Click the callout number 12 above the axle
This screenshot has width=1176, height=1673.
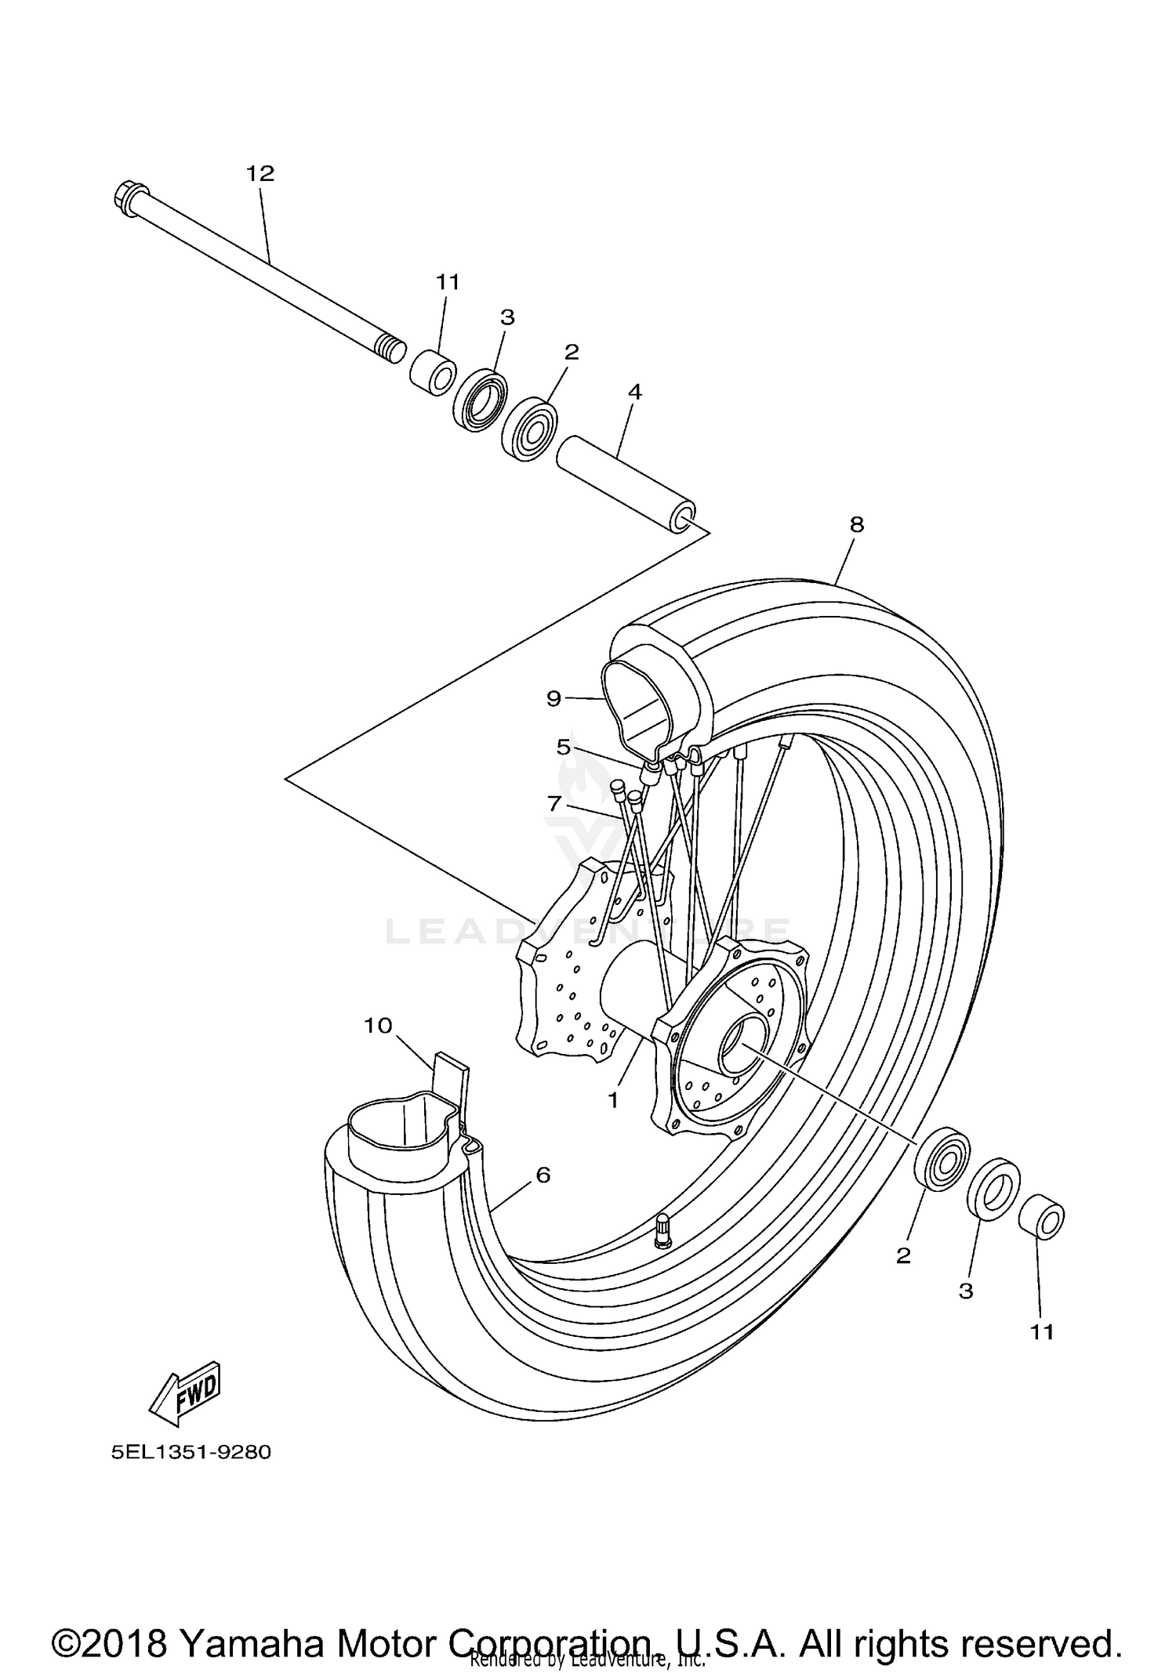260,173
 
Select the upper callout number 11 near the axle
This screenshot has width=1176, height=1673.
448,281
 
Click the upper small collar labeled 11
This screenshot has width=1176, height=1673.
434,374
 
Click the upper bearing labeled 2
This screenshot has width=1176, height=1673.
528,430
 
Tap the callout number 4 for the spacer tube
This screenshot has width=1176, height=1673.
634,392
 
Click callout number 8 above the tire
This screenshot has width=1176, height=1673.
856,524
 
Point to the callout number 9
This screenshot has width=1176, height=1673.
554,697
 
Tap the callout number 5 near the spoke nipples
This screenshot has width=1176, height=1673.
564,747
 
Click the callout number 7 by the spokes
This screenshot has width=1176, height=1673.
554,803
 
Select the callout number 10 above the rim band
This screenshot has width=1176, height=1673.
378,1025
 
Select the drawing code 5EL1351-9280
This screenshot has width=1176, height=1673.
191,1452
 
